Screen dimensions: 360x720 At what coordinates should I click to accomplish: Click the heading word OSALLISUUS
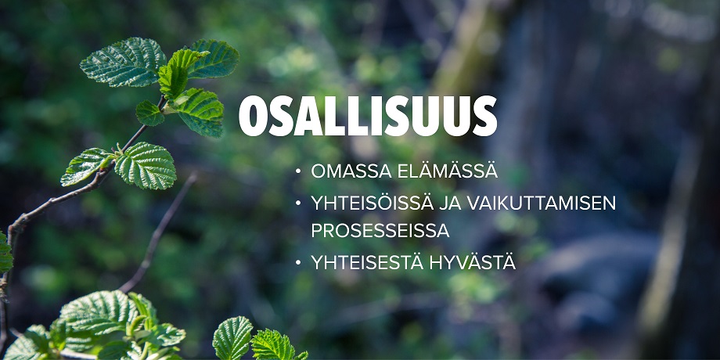368,117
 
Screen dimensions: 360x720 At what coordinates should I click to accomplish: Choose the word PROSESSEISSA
380,232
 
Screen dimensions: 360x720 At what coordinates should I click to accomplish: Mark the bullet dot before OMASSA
298,171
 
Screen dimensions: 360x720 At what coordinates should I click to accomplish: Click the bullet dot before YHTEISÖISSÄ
298,203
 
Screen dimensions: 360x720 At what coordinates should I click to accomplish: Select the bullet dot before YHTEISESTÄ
298,263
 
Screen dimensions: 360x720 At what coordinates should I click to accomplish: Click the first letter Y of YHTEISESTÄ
317,263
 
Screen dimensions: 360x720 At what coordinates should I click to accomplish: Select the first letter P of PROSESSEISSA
316,232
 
